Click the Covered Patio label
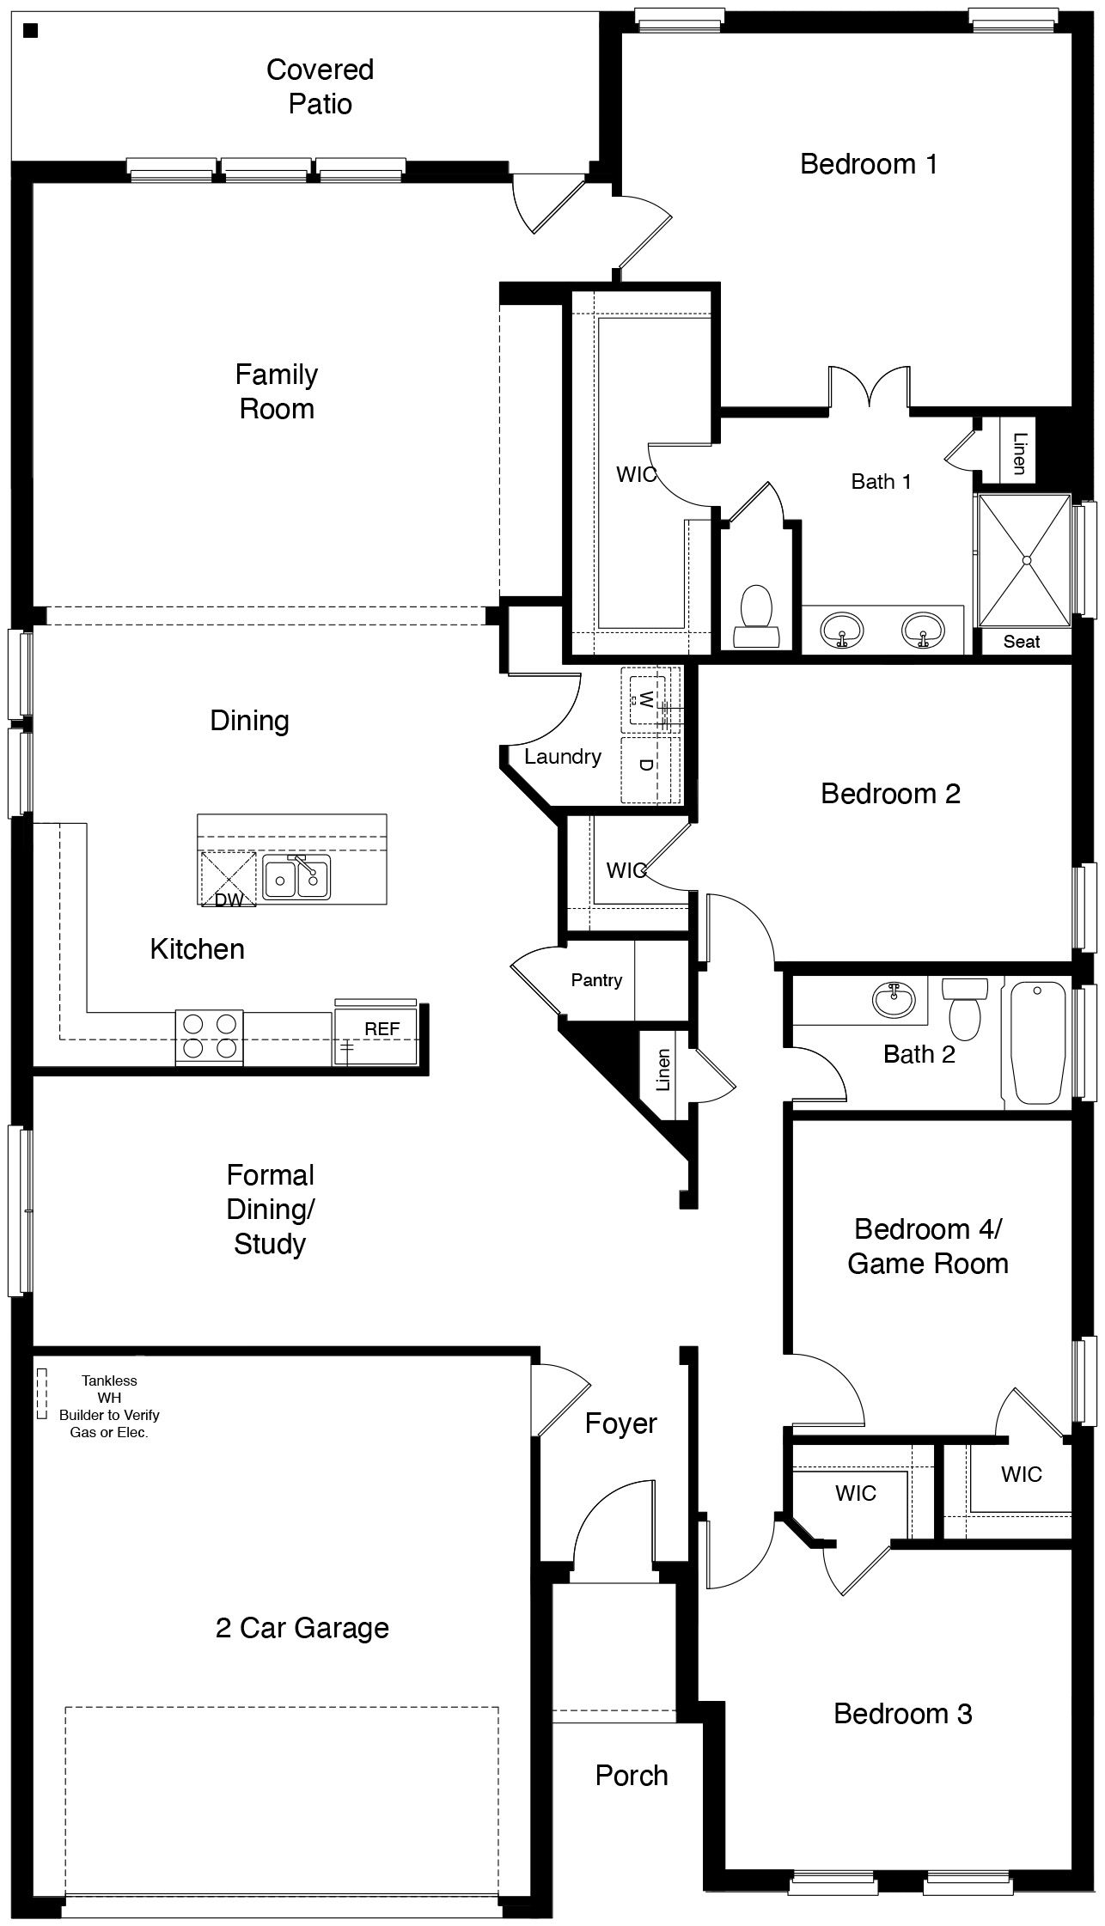point(320,87)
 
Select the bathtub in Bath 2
point(1038,1044)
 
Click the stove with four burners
point(210,1036)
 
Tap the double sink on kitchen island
point(296,877)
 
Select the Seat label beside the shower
point(1022,642)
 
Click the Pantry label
point(596,980)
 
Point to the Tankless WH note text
point(109,1406)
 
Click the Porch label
point(632,1775)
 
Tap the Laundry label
point(563,757)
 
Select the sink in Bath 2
point(894,999)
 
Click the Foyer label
point(620,1423)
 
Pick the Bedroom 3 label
point(902,1714)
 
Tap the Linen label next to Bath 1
point(1019,453)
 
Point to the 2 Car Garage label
point(302,1628)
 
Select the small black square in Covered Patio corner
point(31,32)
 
